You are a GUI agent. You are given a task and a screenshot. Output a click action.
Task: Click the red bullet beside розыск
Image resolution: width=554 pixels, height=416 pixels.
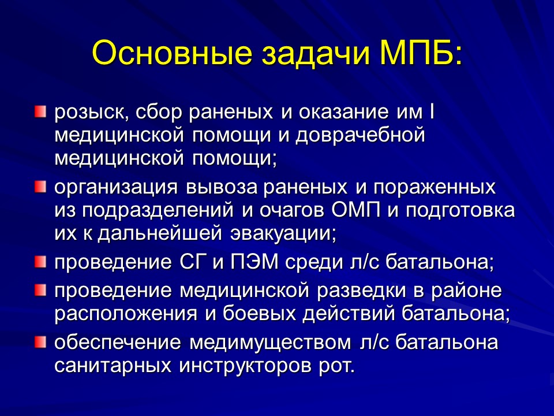pyautogui.click(x=39, y=110)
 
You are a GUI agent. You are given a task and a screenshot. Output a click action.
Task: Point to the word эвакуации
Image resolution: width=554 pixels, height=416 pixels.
pyautogui.click(x=280, y=234)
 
